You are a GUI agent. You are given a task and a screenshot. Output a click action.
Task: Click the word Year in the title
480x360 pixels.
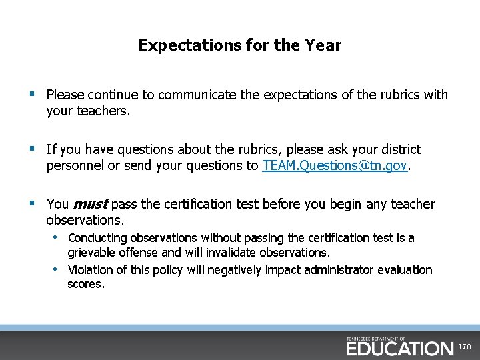click(x=325, y=45)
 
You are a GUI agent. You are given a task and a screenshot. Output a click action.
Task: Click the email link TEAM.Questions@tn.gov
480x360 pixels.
click(x=334, y=166)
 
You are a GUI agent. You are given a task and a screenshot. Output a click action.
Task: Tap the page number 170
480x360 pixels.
click(x=465, y=347)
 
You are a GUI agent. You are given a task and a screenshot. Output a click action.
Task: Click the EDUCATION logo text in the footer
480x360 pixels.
click(x=399, y=348)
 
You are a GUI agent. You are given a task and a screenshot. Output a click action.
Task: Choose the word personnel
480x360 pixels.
click(x=75, y=166)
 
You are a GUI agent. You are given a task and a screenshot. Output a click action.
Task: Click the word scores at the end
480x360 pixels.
click(x=85, y=285)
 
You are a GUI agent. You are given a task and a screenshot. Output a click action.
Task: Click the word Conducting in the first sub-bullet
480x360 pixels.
click(x=97, y=238)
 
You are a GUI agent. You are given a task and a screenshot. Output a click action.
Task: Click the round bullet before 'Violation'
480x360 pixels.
click(x=57, y=269)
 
